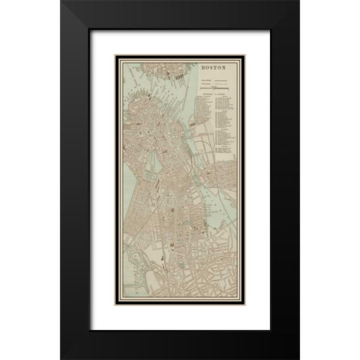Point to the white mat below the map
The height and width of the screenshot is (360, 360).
(x=180, y=307)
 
